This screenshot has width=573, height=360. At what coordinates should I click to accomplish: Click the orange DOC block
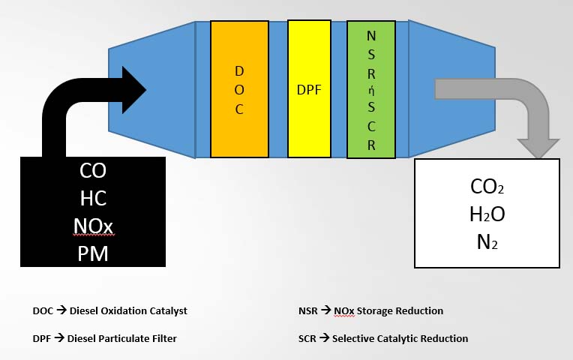[239, 89]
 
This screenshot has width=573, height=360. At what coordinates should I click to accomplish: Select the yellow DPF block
[309, 88]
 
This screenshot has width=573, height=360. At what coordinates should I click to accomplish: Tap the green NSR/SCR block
[371, 90]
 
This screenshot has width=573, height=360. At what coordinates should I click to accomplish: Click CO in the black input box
[93, 170]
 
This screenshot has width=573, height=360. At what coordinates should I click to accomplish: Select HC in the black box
[93, 198]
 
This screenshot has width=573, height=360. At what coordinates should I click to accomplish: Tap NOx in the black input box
[93, 226]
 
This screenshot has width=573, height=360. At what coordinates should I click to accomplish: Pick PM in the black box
[93, 253]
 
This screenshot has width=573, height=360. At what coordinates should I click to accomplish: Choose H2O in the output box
[487, 214]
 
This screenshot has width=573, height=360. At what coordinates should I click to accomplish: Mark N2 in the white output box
[487, 241]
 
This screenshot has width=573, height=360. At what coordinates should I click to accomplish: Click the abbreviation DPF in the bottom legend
[42, 338]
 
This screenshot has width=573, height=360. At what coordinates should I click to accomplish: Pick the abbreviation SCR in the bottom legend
[307, 338]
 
